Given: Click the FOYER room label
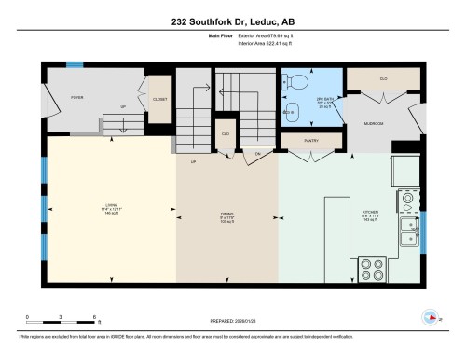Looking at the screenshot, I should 76,94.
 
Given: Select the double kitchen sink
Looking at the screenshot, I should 408,230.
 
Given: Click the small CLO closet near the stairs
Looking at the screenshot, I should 225,132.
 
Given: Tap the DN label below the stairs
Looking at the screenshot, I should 257,151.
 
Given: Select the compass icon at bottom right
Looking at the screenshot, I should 431,314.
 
